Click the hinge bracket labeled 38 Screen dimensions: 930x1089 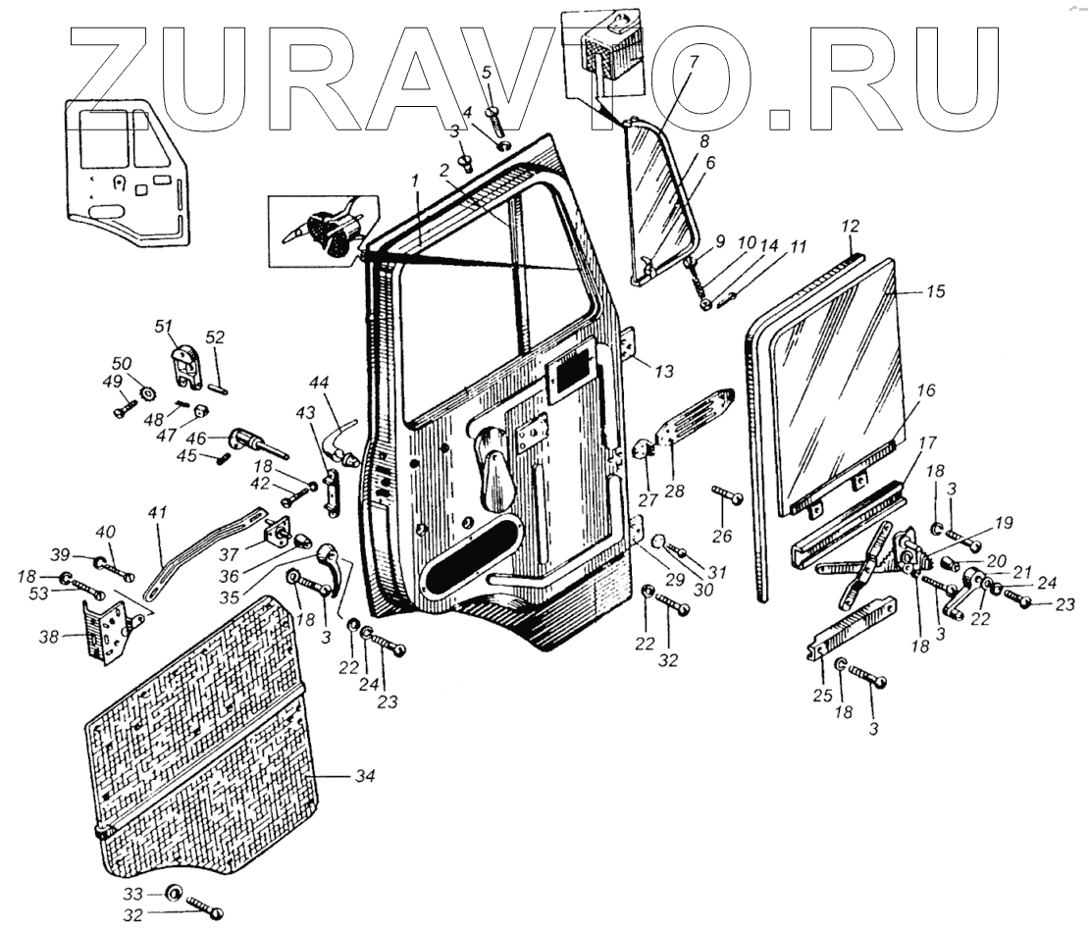[105, 633]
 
